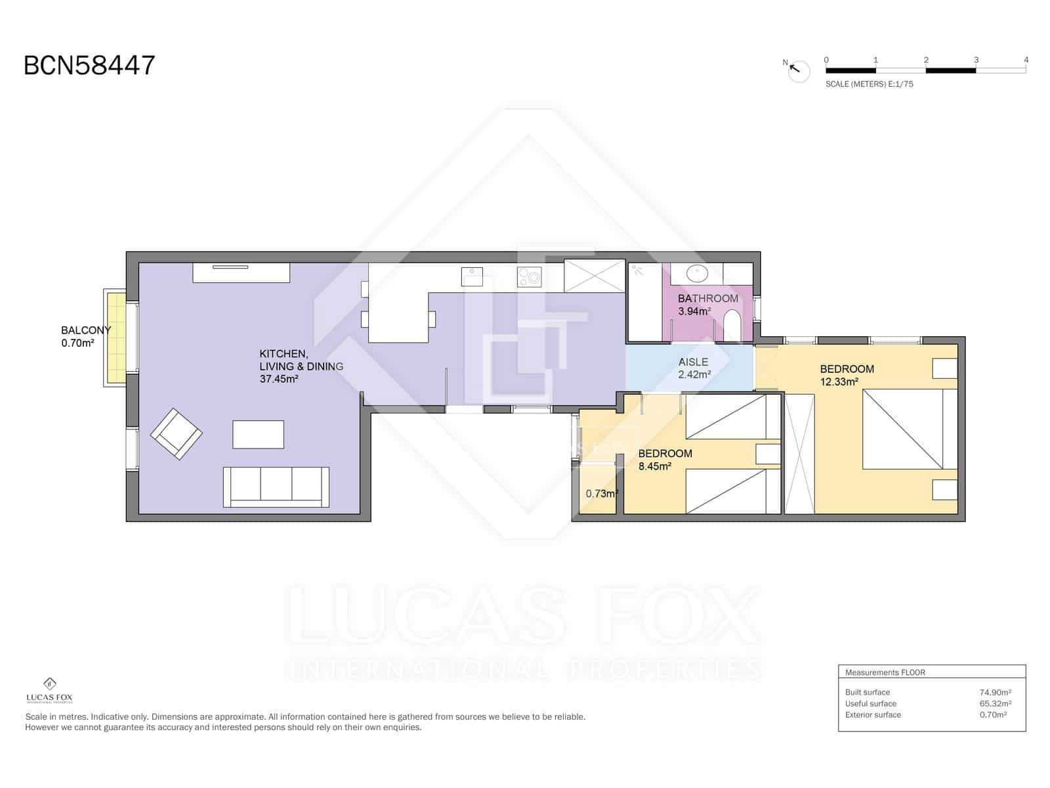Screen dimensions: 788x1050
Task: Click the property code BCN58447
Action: (x=89, y=66)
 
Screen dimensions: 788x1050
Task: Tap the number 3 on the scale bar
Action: (x=976, y=60)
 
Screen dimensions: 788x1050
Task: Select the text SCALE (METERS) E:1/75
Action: (x=869, y=84)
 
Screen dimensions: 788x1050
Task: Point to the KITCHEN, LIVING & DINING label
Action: (x=301, y=366)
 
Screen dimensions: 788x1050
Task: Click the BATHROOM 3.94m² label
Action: (x=707, y=305)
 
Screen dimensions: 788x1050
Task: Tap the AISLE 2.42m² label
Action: (x=694, y=368)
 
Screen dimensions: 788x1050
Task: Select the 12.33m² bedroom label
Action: (x=846, y=375)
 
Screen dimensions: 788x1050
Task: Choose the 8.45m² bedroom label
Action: (x=664, y=460)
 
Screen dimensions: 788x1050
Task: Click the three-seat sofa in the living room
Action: (x=276, y=487)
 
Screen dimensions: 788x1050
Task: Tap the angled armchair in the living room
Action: (x=177, y=433)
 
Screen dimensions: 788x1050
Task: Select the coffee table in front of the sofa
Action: (x=259, y=434)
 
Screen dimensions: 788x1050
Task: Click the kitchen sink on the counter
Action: (x=472, y=276)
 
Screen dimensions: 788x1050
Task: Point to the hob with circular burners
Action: (x=529, y=276)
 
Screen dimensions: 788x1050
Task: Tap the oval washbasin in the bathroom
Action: (x=696, y=273)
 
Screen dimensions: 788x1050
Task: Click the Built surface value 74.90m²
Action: (x=995, y=692)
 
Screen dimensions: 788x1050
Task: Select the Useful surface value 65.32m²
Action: (x=995, y=703)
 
